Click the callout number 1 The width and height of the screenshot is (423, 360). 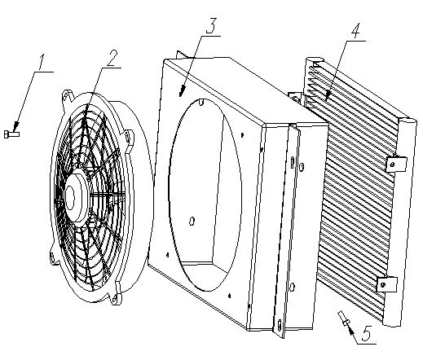(x=41, y=62)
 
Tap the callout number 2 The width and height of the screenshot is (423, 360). (x=112, y=58)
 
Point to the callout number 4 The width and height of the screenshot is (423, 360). (x=355, y=31)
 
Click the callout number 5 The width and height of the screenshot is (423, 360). (x=366, y=333)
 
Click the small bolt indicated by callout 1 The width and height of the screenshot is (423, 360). (x=11, y=134)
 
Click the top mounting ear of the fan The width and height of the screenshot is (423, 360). (x=68, y=97)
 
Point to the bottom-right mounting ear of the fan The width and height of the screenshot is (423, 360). (x=117, y=294)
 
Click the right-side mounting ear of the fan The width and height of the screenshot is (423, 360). (x=130, y=137)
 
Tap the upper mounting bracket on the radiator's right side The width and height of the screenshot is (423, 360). (x=396, y=164)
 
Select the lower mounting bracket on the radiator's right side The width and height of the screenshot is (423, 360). (x=387, y=284)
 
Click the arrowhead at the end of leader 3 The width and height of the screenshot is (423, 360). (x=182, y=91)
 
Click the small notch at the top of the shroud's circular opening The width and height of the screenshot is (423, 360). (x=201, y=103)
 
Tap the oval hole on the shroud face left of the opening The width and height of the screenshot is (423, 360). (x=192, y=222)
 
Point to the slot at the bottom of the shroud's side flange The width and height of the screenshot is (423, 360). (x=279, y=325)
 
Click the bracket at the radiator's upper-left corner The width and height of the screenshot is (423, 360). (x=296, y=97)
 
